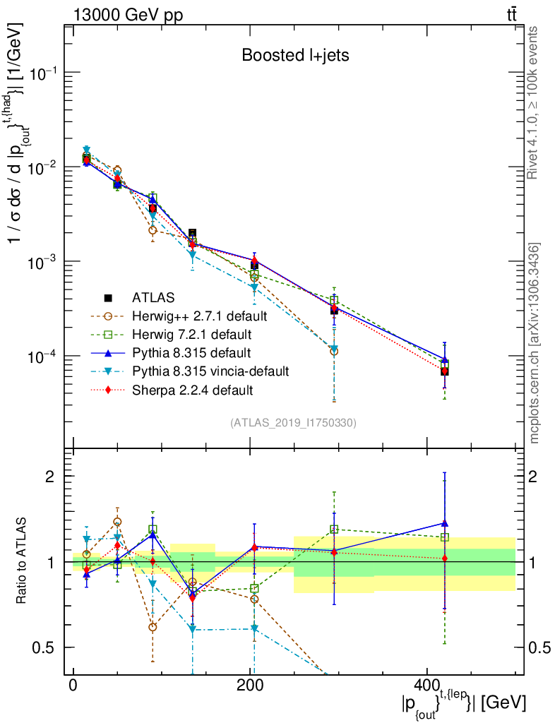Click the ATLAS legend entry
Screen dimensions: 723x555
click(x=152, y=297)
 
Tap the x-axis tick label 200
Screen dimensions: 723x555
click(x=250, y=686)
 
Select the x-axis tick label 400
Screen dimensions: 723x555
click(x=426, y=686)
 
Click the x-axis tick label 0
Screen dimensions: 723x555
click(x=73, y=686)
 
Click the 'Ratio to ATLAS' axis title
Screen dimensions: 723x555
click(x=23, y=562)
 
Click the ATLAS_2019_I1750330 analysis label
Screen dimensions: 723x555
click(x=293, y=423)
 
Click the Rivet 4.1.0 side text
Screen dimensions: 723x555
click(x=535, y=102)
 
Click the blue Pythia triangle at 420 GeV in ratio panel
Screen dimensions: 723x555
click(x=444, y=523)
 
